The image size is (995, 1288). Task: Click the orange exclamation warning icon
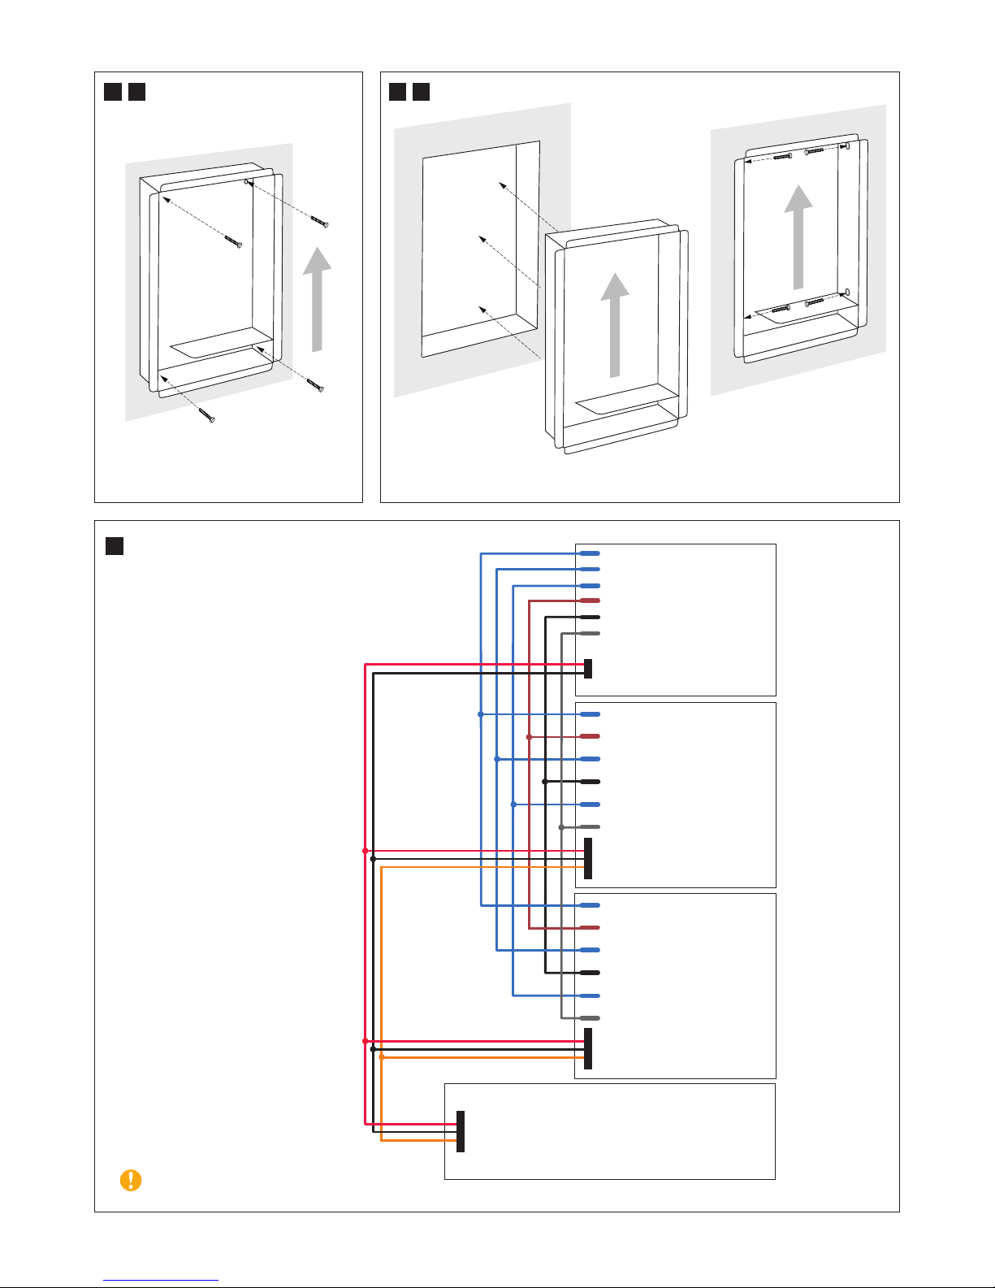click(x=130, y=1180)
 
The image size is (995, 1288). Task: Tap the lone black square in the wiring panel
click(x=115, y=546)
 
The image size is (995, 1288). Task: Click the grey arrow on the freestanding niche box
click(x=615, y=324)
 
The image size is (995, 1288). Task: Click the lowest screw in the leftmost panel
click(x=208, y=417)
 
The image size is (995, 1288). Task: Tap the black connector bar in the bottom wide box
click(x=461, y=1131)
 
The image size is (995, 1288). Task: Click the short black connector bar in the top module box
click(x=588, y=668)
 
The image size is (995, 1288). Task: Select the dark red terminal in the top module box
click(x=591, y=601)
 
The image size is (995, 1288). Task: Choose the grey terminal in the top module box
click(x=591, y=633)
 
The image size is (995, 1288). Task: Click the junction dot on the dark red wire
click(x=529, y=737)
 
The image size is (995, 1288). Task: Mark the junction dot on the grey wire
click(x=561, y=827)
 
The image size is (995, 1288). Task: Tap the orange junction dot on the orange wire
click(x=382, y=1057)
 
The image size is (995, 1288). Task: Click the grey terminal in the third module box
click(x=591, y=1018)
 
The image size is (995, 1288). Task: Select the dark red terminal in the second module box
click(x=591, y=737)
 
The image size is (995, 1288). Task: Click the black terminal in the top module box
click(x=591, y=617)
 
